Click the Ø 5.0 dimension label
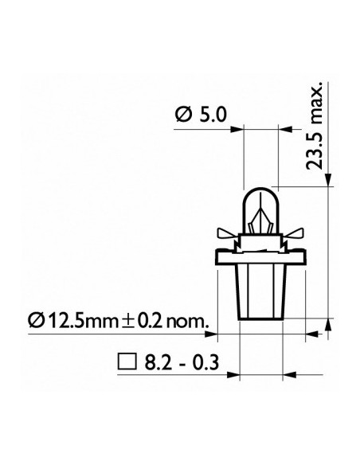201,115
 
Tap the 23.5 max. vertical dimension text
314,126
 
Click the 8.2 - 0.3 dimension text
182,362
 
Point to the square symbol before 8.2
127,361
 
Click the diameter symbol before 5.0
183,115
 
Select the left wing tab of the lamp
228,233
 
